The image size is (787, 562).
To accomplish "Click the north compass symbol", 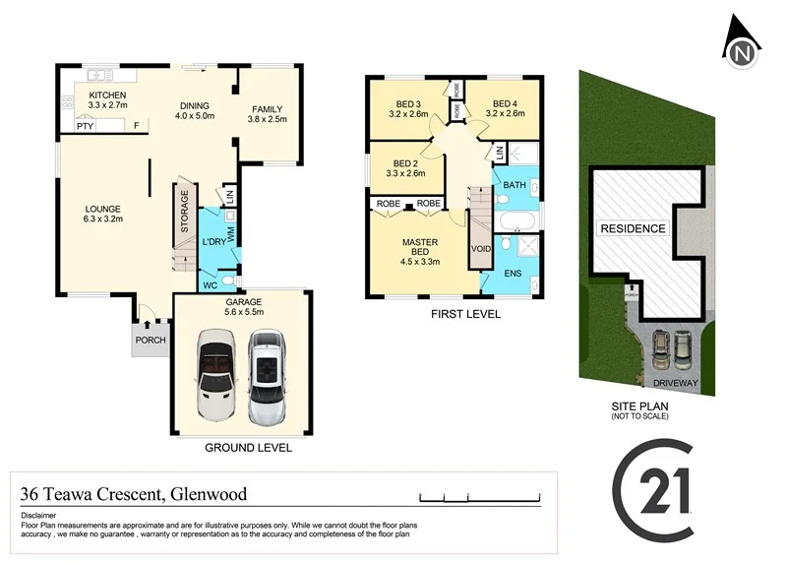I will coord(744,44).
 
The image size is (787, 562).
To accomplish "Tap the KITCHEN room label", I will coord(108,94).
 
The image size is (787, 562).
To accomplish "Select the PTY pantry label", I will coord(85,125).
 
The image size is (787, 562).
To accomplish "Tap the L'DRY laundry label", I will coord(214,242).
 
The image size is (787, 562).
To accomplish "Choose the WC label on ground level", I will coord(210,285).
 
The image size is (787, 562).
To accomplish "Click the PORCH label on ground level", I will coord(151,341).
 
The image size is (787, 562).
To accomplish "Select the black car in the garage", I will coord(217,376).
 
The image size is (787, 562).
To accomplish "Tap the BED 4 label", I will coord(505,104).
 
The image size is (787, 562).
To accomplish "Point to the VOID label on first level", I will coord(481,248).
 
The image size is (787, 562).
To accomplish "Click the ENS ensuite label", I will coord(513,273).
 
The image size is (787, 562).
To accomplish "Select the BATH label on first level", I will coord(515,184).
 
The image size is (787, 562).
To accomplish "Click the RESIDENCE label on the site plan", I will coord(633,228).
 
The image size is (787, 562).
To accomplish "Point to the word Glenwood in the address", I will coord(209,494).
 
